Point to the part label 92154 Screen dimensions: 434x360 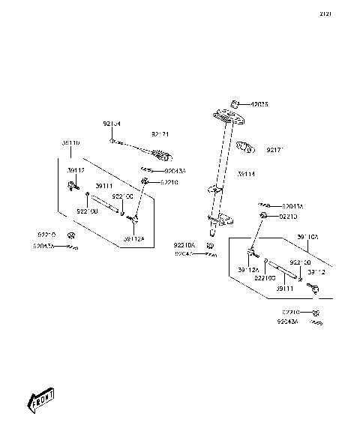[x=111, y=124]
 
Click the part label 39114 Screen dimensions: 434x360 [x=246, y=174]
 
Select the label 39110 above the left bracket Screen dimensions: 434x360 [x=71, y=142]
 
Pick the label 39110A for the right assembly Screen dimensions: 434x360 [x=307, y=237]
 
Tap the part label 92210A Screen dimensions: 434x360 [x=184, y=245]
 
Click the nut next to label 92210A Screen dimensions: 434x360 [x=211, y=245]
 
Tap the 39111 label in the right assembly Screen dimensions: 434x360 [x=283, y=288]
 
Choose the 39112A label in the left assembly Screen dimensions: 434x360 [x=133, y=239]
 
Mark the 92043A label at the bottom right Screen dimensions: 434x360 [x=287, y=321]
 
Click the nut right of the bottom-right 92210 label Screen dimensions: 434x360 [x=318, y=312]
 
